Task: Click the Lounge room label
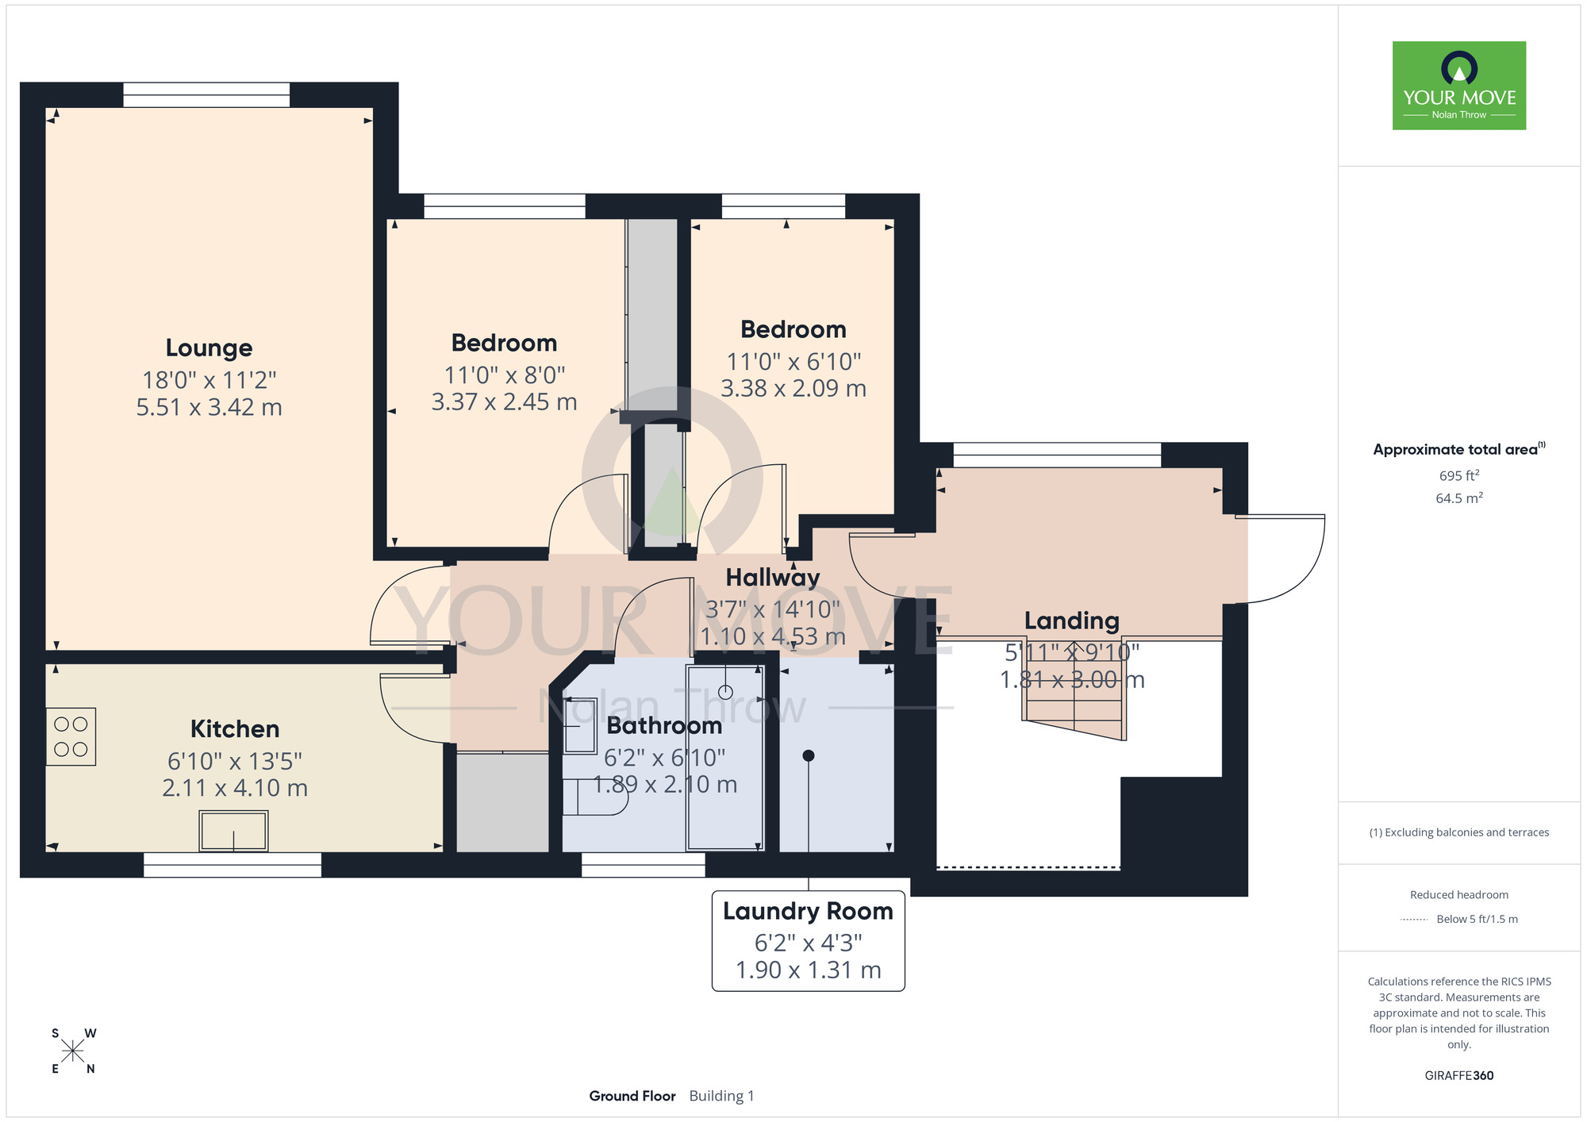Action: [209, 348]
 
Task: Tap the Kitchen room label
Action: [235, 728]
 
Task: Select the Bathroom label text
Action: [664, 725]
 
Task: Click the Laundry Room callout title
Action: [808, 911]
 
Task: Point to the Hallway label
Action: [773, 578]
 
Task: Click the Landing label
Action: [1072, 621]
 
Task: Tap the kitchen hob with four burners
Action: [71, 736]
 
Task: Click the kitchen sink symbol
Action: [233, 831]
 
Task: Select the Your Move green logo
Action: [1459, 86]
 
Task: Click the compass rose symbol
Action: [73, 1051]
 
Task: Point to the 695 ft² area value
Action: [1459, 475]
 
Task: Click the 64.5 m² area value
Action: [1459, 498]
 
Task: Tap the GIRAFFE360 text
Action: [1459, 1075]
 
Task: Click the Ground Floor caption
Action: [632, 1096]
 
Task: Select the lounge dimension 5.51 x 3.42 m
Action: [209, 407]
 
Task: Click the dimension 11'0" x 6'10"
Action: [793, 362]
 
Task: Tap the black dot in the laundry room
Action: [809, 755]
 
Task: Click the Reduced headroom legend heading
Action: [1459, 894]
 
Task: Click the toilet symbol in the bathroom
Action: [595, 797]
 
